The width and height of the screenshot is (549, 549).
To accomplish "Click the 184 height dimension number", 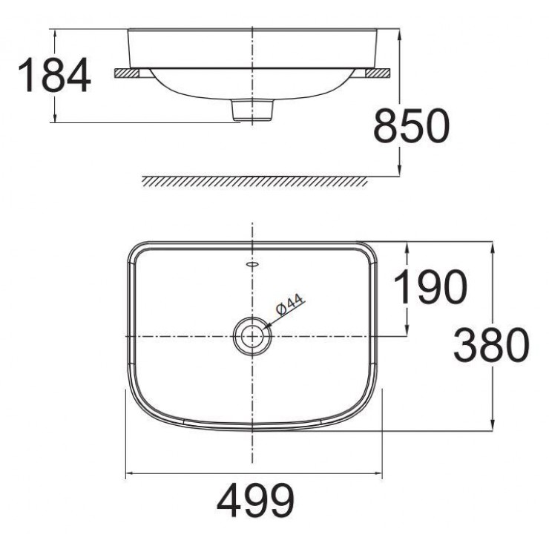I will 54,76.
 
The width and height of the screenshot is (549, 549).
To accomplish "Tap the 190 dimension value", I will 430,288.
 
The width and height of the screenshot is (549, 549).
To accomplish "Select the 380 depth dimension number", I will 491,345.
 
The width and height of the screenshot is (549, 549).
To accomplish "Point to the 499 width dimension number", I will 255,502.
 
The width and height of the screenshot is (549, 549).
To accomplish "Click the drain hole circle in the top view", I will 253,336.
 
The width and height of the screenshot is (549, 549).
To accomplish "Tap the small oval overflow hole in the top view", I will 253,263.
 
